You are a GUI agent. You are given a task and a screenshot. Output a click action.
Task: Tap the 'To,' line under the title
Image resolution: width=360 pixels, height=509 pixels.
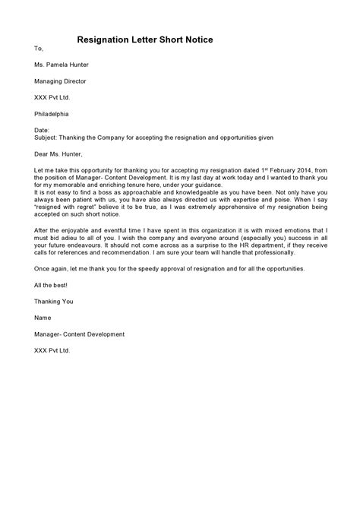click(39, 48)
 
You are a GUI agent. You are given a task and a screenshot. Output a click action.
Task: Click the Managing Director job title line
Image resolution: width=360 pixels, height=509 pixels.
click(60, 81)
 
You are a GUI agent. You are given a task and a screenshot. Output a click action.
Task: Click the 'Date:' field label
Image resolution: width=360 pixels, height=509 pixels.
click(43, 130)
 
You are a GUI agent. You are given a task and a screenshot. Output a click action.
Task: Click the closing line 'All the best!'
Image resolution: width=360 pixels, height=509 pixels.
click(50, 305)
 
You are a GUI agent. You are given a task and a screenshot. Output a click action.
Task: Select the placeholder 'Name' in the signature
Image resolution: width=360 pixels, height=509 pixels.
click(43, 338)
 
